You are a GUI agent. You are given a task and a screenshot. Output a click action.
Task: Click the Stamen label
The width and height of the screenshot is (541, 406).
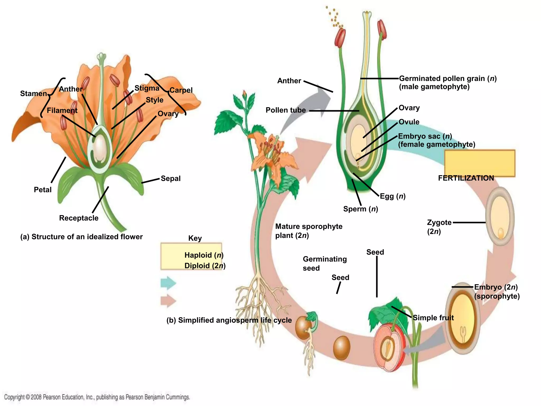point(34,94)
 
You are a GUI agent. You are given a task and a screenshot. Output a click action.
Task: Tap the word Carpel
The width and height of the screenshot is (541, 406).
point(181,90)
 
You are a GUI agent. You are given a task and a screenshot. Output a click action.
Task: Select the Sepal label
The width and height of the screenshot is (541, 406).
point(171,178)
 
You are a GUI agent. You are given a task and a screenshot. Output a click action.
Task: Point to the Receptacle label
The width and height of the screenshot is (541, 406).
point(79,218)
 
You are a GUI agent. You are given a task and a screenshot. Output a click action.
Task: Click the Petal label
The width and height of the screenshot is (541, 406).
point(43,190)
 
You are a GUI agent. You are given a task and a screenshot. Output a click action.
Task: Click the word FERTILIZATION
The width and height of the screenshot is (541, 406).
point(466,178)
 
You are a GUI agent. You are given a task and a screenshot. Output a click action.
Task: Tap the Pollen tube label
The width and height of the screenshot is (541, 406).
point(286,110)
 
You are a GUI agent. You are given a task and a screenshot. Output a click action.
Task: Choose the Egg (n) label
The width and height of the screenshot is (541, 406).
point(393,196)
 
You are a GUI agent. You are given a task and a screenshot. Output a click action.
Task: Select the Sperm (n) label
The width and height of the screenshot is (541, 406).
point(361,209)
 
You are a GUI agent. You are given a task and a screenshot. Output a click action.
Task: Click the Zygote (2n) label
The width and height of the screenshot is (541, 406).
point(439,227)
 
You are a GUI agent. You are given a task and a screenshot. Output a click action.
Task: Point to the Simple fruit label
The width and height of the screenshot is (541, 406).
point(433,318)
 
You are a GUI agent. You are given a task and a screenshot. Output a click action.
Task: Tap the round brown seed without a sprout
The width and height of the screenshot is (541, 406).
point(342,348)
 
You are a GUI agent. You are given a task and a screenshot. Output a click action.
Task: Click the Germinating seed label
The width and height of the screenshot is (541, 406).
point(324,264)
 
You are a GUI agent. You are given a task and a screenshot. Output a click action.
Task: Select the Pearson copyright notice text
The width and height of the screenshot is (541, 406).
point(97,397)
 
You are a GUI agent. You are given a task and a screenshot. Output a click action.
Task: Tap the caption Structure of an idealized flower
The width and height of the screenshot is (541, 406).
point(82,237)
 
